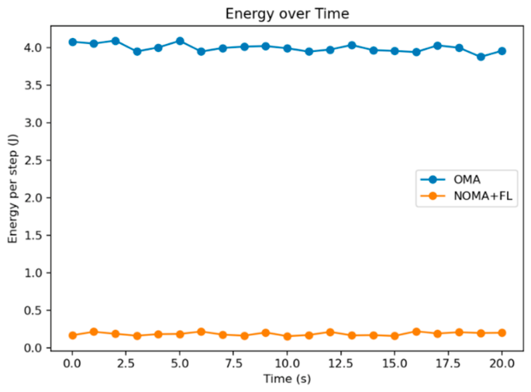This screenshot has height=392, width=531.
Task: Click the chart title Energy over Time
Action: tap(287, 14)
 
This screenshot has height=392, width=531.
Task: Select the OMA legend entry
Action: tap(450, 180)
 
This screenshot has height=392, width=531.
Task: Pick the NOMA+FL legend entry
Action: tap(467, 196)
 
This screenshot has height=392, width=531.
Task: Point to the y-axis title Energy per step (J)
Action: tap(12, 188)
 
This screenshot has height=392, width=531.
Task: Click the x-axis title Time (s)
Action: tap(287, 379)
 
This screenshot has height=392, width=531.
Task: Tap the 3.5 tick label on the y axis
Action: tap(33, 85)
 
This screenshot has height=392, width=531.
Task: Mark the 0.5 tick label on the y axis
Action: tap(33, 311)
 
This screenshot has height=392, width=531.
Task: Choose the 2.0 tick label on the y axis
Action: tap(33, 198)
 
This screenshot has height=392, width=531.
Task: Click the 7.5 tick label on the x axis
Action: tap(233, 363)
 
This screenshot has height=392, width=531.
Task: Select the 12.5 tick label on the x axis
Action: tap(340, 363)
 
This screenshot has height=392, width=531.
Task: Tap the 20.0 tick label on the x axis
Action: tap(502, 363)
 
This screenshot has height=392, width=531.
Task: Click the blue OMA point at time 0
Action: tap(72, 42)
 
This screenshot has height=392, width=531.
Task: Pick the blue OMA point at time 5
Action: tap(180, 41)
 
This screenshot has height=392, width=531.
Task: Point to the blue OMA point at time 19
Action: tap(481, 57)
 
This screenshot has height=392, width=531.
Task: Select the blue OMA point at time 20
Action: tap(502, 51)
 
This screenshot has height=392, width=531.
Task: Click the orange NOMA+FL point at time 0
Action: tap(72, 335)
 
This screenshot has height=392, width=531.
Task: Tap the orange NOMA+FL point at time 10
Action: tap(287, 336)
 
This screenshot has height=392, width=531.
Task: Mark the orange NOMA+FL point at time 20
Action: tap(502, 333)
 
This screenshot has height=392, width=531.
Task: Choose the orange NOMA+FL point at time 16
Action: tap(416, 332)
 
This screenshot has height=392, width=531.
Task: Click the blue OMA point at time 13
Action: tap(352, 45)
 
